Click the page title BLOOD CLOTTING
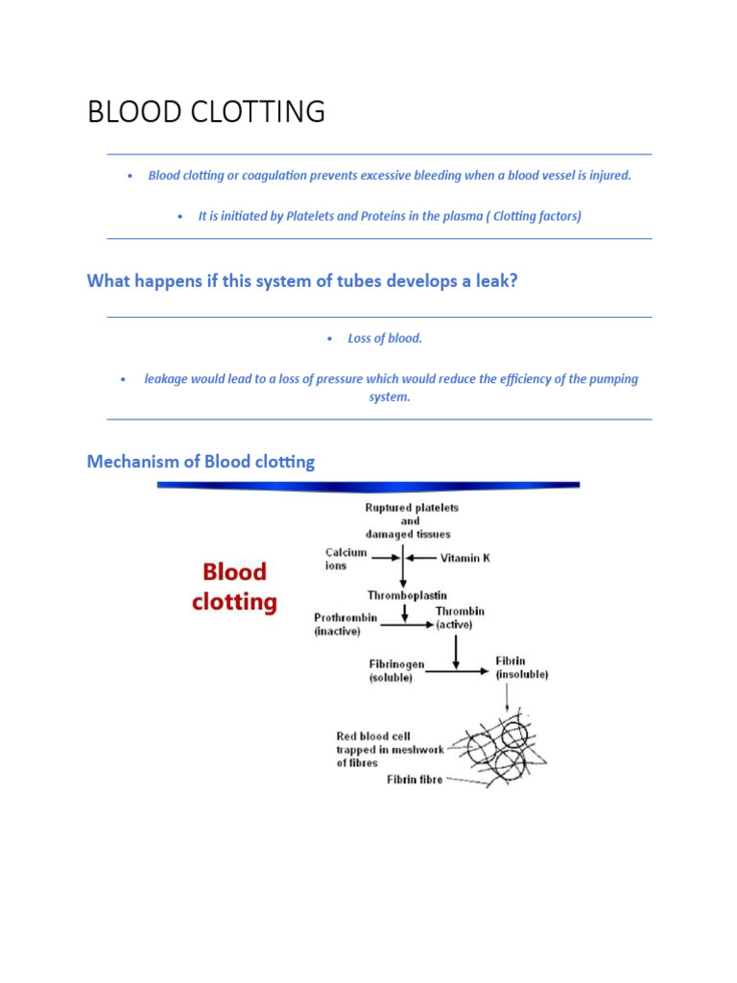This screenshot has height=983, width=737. pos(206,112)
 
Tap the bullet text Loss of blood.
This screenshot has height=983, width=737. pos(384,339)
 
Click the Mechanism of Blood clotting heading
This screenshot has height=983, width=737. pos(201,462)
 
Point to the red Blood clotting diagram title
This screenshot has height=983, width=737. pos(234,587)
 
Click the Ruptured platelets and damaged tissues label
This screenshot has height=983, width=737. pos(411,520)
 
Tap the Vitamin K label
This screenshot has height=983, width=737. pos(465,558)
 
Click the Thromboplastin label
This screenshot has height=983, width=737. pos(407,595)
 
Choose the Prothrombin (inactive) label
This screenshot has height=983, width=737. pos(345,624)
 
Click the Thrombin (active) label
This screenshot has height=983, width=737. pos(460,617)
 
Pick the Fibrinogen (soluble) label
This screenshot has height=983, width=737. pos(396,670)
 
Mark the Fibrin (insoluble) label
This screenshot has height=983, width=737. pos(521,667)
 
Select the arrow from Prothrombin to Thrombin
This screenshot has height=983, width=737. pos(407,625)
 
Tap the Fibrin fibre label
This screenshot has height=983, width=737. pos(415,779)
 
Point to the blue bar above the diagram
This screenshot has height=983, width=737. pos(368,486)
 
